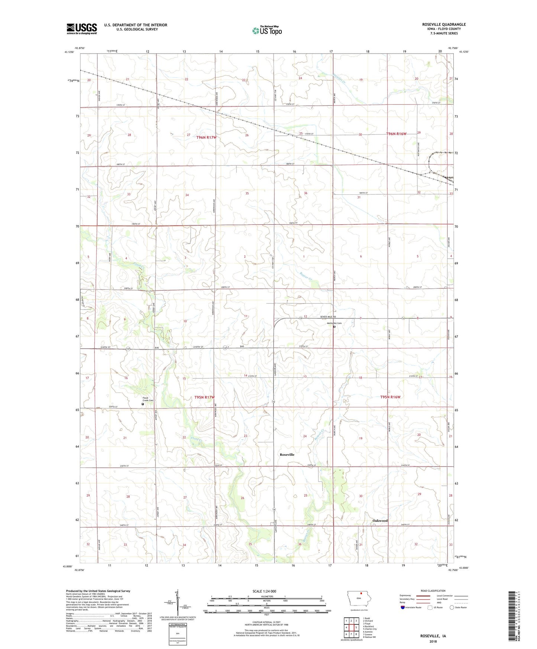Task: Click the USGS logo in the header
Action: [x=82, y=29]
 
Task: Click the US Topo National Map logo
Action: [x=267, y=30]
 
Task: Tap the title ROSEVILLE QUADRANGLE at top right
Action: [x=444, y=25]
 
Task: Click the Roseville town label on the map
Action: [x=287, y=455]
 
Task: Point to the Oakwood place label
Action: [x=380, y=520]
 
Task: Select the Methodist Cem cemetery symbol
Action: [x=334, y=327]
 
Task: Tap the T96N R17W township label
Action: [x=206, y=137]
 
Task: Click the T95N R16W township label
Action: [x=390, y=397]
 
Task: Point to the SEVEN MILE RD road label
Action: [x=328, y=317]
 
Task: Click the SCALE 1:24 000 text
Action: [x=264, y=591]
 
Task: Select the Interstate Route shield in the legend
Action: [x=403, y=607]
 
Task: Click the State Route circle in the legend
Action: [x=452, y=607]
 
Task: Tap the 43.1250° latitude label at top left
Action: [x=69, y=52]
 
